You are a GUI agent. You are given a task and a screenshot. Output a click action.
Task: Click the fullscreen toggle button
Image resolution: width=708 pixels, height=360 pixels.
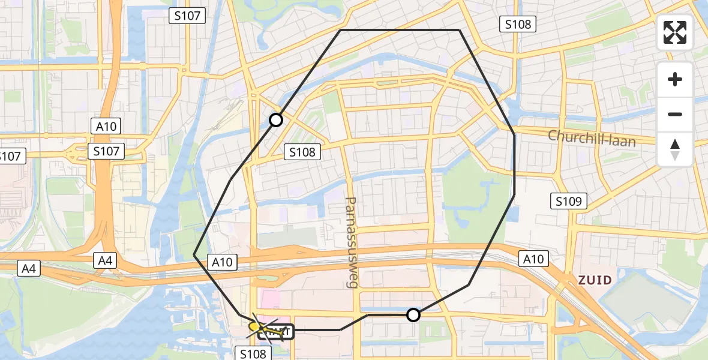tap(675, 32)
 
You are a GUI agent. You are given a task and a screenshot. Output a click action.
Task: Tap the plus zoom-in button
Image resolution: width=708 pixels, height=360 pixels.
tap(675, 79)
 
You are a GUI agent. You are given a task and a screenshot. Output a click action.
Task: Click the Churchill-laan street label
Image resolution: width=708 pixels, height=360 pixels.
tap(600, 137)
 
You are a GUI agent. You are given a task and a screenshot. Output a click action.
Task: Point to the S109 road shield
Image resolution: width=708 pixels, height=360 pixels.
tap(569, 201)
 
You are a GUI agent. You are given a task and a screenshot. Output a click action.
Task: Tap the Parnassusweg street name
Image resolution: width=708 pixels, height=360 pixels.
tap(351, 242)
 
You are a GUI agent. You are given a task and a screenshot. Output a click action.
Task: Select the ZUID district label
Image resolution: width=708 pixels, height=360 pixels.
tap(595, 280)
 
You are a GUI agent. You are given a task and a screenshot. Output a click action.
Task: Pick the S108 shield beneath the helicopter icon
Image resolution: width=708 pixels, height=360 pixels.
tap(253, 353)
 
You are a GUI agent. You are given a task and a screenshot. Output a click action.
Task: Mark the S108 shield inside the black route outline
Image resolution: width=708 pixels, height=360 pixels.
tap(302, 152)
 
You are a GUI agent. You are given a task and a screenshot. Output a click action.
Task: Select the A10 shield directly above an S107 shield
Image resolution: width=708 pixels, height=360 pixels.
tap(106, 126)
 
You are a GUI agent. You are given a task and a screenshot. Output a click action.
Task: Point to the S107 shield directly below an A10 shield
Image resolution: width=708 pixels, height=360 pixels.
tap(106, 151)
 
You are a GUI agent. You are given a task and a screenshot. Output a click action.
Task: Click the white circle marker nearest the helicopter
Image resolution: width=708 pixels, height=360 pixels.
tap(413, 314)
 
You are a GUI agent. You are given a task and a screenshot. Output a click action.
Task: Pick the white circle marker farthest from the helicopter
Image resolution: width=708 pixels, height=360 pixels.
tap(276, 120)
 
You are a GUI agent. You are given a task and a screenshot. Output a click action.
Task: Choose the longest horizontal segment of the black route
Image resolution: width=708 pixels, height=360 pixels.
tap(400, 30)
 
